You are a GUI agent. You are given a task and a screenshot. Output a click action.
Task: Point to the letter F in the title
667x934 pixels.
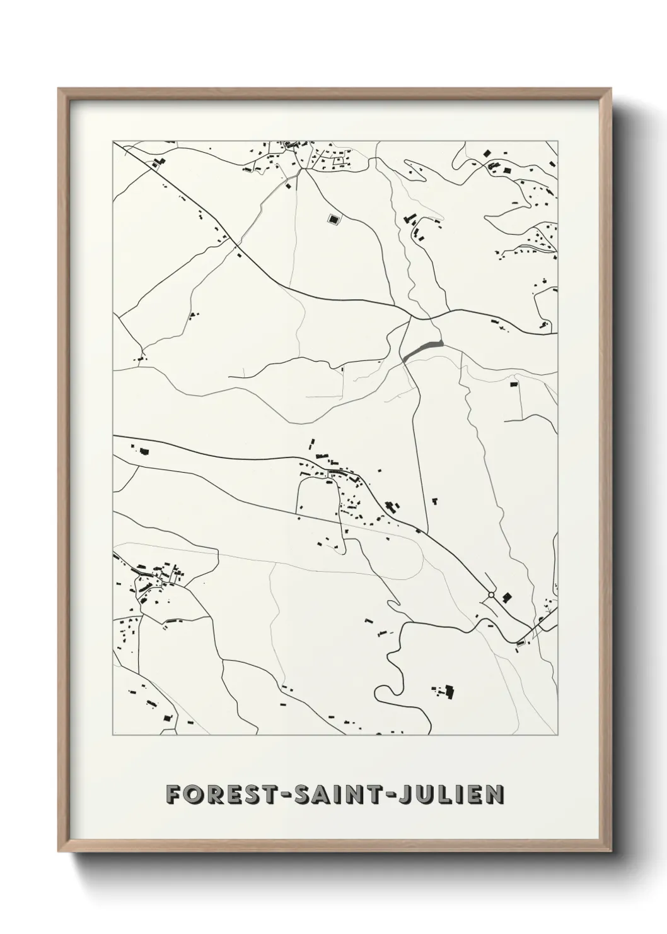pyautogui.click(x=172, y=795)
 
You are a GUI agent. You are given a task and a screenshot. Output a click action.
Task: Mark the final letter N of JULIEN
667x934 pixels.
pyautogui.click(x=495, y=795)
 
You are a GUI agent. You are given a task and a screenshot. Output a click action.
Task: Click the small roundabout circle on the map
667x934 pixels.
pyautogui.click(x=491, y=594)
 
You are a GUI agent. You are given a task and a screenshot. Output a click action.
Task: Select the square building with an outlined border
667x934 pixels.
pyautogui.click(x=333, y=219)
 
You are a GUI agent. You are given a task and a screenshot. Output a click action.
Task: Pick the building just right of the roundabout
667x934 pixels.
pyautogui.click(x=506, y=596)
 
